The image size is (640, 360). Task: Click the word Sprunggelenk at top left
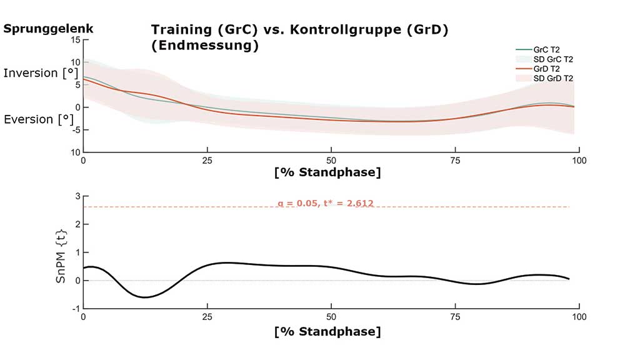pyautogui.click(x=48, y=28)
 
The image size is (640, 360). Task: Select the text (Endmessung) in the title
pyautogui.click(x=204, y=46)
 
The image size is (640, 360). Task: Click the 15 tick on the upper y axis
pyautogui.click(x=76, y=39)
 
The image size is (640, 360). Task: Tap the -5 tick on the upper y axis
pyautogui.click(x=76, y=130)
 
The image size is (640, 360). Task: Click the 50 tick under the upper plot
pyautogui.click(x=331, y=160)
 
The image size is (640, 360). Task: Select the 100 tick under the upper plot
pyautogui.click(x=579, y=160)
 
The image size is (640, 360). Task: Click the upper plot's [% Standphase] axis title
pyautogui.click(x=327, y=172)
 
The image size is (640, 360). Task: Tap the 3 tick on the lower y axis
pyautogui.click(x=77, y=196)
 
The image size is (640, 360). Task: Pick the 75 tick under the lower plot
pyautogui.click(x=455, y=317)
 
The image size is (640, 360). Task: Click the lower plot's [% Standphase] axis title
pyautogui.click(x=327, y=331)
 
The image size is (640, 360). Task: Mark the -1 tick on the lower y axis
pyautogui.click(x=76, y=309)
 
